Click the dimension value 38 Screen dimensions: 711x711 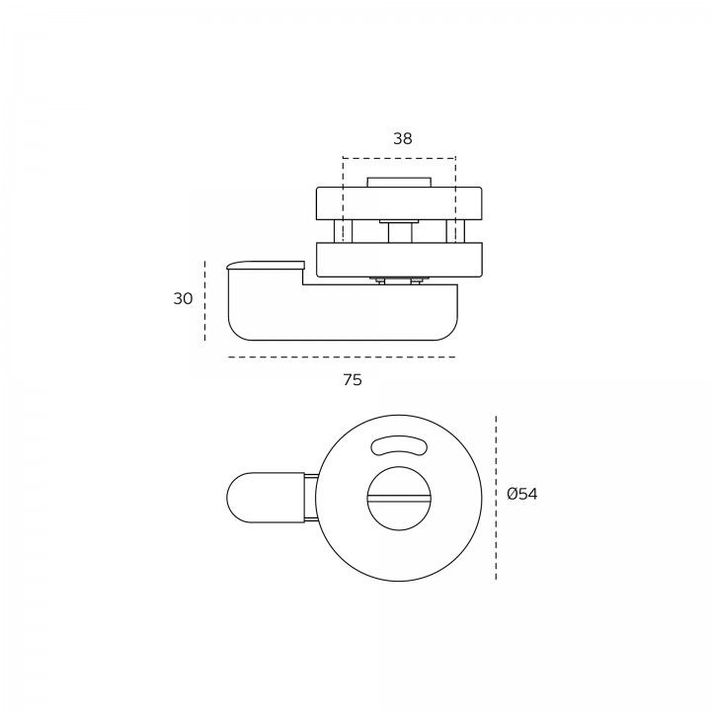coord(403,138)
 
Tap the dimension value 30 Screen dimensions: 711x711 coord(184,298)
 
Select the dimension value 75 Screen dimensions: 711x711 coord(353,379)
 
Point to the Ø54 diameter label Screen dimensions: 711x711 coord(522,494)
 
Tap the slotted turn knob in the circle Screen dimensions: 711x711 coord(399,499)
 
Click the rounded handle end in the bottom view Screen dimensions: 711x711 coord(266,498)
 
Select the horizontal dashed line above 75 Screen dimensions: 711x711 coord(342,356)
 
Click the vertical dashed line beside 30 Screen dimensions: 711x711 coord(205,300)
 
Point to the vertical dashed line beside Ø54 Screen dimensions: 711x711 coord(496,498)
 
